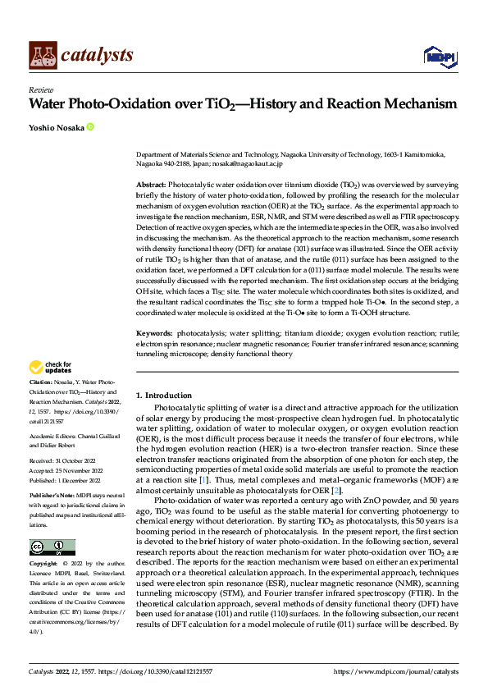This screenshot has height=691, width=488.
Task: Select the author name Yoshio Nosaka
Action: click(x=56, y=127)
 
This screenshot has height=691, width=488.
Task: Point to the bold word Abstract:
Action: click(x=151, y=185)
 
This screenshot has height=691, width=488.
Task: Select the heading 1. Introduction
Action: click(x=164, y=396)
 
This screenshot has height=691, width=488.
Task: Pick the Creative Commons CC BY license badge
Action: click(x=52, y=547)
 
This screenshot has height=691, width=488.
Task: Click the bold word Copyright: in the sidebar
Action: click(x=43, y=564)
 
